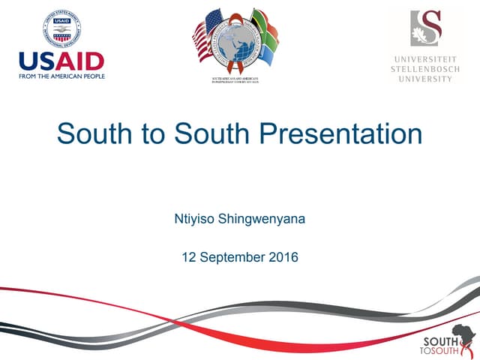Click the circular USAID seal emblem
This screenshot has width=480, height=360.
coord(61,28)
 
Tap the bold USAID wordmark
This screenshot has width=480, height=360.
coord(61,61)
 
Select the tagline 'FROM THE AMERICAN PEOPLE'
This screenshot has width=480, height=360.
coord(61,76)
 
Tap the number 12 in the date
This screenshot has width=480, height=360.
coord(189,257)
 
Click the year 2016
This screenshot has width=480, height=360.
coord(283,257)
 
